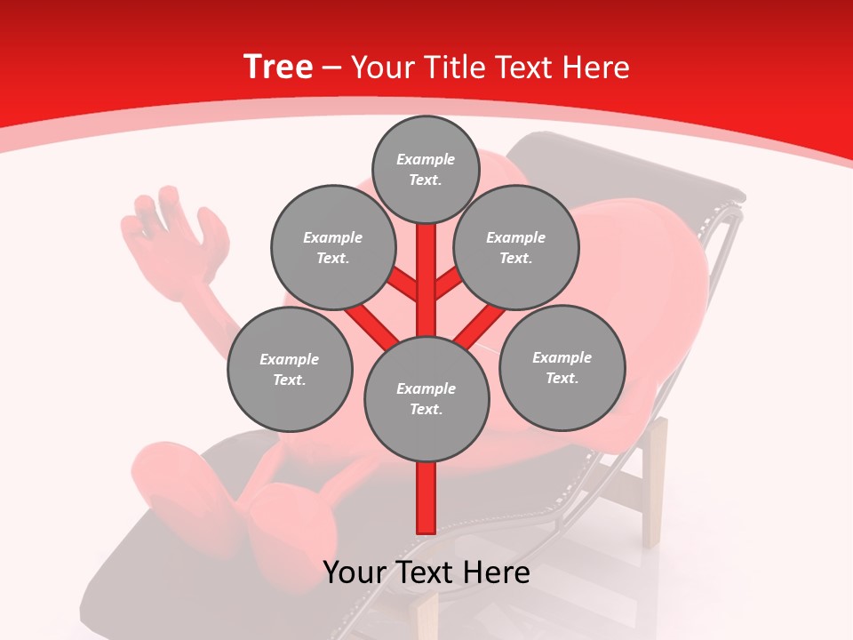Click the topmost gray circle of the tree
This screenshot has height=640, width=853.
(426, 169)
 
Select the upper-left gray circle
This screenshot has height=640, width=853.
(332, 247)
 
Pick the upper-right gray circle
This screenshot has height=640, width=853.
(516, 247)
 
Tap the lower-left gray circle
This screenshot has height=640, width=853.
(290, 369)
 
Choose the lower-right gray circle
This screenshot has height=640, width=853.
(562, 367)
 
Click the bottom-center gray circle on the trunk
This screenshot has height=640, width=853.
(426, 399)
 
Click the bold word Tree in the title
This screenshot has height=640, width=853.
(278, 67)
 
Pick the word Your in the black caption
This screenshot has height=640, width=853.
(356, 572)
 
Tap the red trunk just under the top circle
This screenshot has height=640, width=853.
(426, 244)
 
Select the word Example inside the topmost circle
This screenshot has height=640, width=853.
(426, 159)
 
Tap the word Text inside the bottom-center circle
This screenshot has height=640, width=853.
(426, 409)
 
